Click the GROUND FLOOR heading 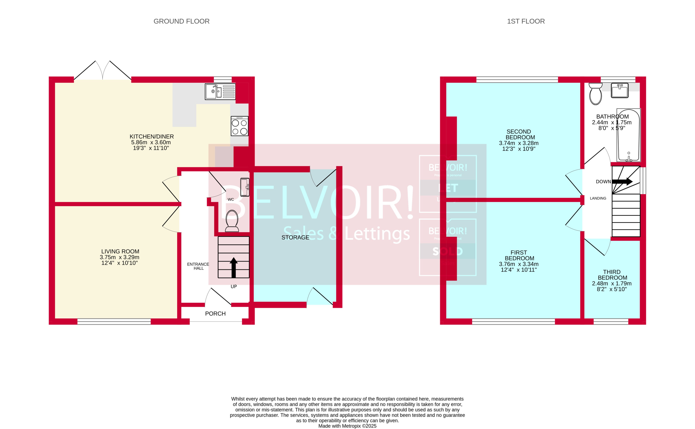(181, 21)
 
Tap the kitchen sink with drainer (220, 91)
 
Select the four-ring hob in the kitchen (239, 126)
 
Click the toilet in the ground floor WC (232, 221)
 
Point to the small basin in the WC (245, 187)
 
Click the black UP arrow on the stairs (234, 267)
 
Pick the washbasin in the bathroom (620, 90)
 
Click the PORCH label (215, 314)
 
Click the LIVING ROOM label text (120, 251)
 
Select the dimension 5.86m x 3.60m (151, 142)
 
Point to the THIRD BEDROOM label (612, 275)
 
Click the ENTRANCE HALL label (198, 266)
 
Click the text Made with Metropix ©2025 (347, 426)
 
